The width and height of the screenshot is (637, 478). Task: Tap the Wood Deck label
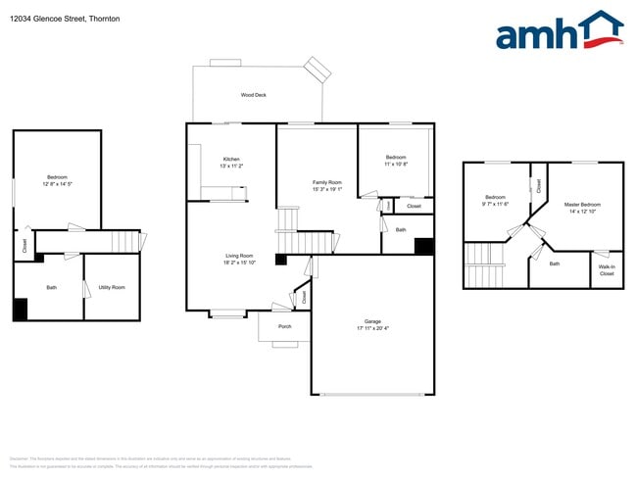254,95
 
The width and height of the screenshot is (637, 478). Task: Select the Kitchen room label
231,159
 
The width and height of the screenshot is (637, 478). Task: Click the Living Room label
240,256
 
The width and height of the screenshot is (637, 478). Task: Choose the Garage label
372,320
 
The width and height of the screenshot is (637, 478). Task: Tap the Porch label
284,326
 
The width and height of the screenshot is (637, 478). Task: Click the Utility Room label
112,287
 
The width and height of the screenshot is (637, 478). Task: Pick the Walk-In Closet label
607,271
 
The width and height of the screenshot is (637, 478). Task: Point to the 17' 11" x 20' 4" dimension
372,327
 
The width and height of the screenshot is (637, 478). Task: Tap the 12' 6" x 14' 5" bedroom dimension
58,184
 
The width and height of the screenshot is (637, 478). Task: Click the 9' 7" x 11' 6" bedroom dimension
495,204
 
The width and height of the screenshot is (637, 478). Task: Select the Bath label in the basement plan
50,287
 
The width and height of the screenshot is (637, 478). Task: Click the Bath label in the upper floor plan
555,263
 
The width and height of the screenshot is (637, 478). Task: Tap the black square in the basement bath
20,309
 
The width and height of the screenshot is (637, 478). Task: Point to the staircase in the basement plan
125,240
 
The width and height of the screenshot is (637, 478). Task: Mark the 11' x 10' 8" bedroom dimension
396,164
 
